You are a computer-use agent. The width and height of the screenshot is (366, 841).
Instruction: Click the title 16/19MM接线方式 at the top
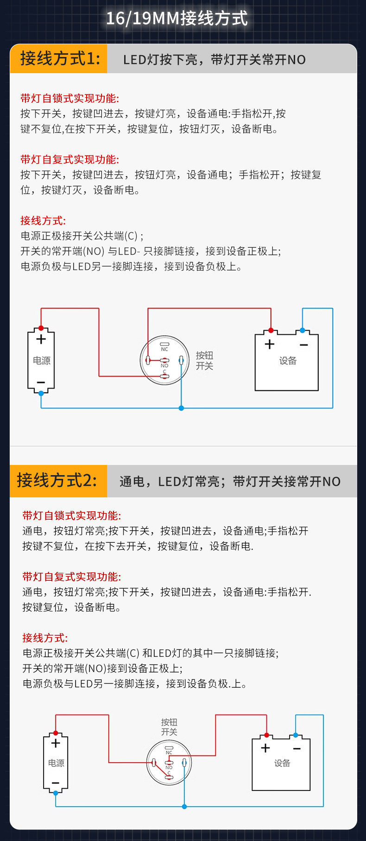pyautogui.click(x=177, y=19)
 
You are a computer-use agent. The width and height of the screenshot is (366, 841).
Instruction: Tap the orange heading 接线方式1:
pyautogui.click(x=60, y=59)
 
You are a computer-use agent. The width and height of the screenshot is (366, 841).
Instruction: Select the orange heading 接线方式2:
pyautogui.click(x=57, y=480)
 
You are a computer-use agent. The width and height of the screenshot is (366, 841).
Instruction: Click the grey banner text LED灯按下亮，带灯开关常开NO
pyautogui.click(x=215, y=60)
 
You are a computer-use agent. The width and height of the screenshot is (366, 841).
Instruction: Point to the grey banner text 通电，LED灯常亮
pyautogui.click(x=170, y=482)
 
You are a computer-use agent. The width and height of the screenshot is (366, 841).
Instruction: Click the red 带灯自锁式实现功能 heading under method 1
pyautogui.click(x=69, y=98)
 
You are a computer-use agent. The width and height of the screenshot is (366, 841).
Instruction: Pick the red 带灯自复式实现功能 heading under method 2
pyautogui.click(x=71, y=577)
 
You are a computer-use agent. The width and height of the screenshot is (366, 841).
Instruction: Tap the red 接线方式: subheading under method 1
pyautogui.click(x=43, y=220)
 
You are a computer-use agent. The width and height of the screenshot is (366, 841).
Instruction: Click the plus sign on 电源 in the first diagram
pyautogui.click(x=41, y=339)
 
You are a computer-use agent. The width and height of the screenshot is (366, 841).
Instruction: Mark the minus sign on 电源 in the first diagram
pyautogui.click(x=41, y=383)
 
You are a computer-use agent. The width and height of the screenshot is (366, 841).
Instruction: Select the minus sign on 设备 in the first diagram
pyautogui.click(x=304, y=345)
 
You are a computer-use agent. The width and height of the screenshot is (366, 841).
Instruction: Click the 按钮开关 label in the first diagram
pyautogui.click(x=204, y=360)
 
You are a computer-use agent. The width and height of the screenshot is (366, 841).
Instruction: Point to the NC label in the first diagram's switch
pyautogui.click(x=164, y=349)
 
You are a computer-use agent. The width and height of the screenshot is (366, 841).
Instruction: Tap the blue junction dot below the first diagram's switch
pyautogui.click(x=181, y=408)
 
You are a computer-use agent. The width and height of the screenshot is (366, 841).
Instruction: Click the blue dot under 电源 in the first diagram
pyautogui.click(x=41, y=393)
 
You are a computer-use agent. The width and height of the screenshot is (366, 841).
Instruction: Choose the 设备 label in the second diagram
pyautogui.click(x=282, y=763)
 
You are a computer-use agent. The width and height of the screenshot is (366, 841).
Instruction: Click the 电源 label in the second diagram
pyautogui.click(x=56, y=763)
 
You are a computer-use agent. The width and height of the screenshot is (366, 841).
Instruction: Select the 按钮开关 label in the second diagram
pyautogui.click(x=169, y=727)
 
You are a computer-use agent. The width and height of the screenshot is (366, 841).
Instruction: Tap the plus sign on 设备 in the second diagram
pyautogui.click(x=265, y=748)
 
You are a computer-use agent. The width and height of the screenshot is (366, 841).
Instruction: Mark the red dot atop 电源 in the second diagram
pyautogui.click(x=56, y=733)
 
